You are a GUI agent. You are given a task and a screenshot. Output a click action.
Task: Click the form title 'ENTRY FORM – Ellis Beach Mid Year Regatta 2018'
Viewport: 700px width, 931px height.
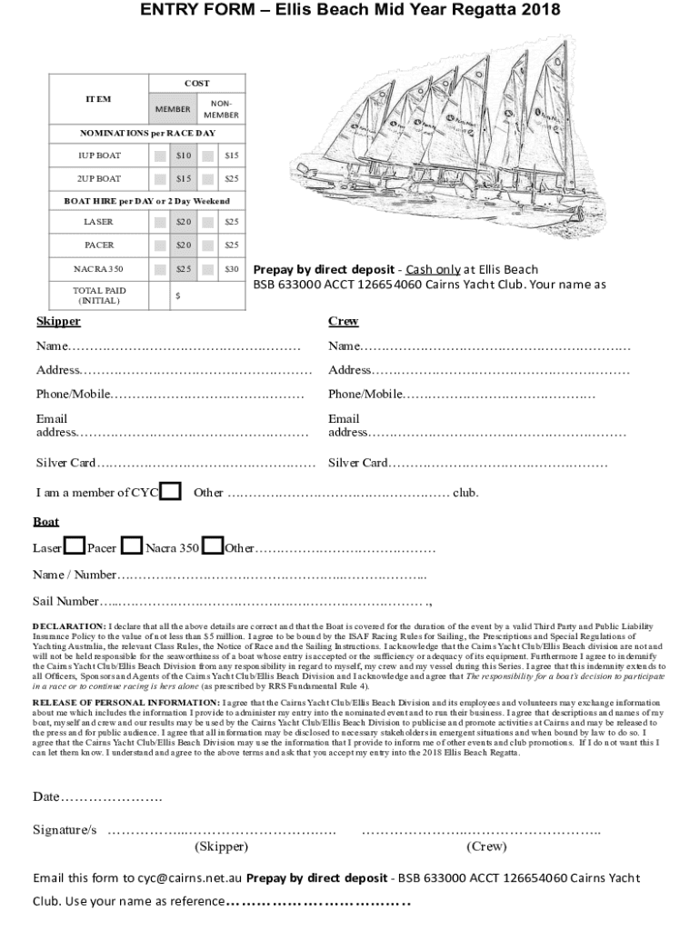coord(350,11)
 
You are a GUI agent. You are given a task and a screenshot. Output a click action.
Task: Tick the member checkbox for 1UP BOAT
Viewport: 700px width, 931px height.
coord(161,155)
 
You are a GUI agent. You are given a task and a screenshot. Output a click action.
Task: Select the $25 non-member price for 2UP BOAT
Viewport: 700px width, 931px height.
coord(231,179)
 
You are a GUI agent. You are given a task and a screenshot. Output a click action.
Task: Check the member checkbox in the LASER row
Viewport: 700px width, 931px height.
coord(161,222)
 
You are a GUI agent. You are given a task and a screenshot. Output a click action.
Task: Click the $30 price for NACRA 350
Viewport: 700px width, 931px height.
coord(231,269)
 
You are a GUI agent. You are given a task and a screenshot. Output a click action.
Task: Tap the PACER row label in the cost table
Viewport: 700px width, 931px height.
coord(99,245)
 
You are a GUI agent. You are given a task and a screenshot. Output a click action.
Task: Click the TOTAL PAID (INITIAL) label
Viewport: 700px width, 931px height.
coord(99,295)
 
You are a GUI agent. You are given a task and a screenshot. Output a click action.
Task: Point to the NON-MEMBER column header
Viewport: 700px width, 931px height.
coord(221,109)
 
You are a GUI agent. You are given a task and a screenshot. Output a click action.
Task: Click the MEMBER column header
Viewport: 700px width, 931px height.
coord(173,109)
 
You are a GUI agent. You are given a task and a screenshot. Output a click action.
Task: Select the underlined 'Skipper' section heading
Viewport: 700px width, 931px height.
coord(58,321)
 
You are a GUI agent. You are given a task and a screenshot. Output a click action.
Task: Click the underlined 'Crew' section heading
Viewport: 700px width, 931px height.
coord(343,321)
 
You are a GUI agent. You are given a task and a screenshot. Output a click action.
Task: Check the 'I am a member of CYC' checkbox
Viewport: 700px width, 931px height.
coord(169,491)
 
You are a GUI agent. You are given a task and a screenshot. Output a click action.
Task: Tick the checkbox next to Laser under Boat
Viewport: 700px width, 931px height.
coord(75,546)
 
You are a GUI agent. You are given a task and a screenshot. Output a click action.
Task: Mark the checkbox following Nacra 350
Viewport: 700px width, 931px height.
coord(213,546)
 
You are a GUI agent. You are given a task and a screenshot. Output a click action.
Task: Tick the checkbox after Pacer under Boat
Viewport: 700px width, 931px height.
coord(132,546)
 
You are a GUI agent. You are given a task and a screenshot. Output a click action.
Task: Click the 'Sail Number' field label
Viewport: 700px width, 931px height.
coord(66,601)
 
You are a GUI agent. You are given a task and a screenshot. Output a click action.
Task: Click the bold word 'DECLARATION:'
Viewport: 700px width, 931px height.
coord(69,626)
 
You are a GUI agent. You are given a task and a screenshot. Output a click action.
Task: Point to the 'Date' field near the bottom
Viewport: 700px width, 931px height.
coord(46,797)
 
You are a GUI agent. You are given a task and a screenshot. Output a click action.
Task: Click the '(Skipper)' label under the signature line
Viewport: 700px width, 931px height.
coord(221,846)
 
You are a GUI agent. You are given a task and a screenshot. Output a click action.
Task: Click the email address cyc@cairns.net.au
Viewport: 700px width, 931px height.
coord(189,878)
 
